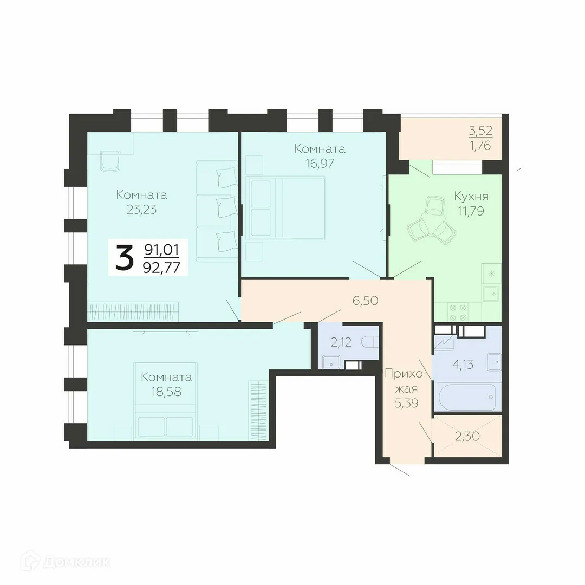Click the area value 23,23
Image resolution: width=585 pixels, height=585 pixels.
(x=142, y=209)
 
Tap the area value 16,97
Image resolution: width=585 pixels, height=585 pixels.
(x=319, y=163)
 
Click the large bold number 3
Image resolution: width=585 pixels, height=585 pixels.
(x=124, y=258)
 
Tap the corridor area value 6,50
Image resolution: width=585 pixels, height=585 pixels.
(x=365, y=301)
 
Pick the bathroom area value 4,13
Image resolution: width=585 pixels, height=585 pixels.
(x=463, y=364)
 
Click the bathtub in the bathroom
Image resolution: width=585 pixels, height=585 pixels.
(x=465, y=396)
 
